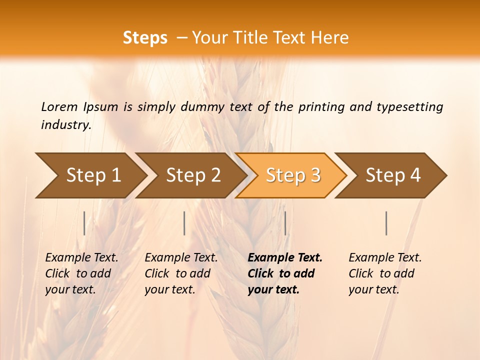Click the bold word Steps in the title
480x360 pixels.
[145, 38]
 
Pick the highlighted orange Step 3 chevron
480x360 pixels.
[293, 175]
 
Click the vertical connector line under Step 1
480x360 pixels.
[84, 223]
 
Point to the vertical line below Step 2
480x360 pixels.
[184, 223]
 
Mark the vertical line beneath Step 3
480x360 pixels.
[285, 223]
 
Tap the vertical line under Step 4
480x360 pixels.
[386, 223]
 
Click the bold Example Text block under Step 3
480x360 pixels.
[285, 273]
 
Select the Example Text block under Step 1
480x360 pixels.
[81, 273]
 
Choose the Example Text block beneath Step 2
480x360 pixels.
[181, 273]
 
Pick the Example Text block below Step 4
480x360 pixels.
[385, 273]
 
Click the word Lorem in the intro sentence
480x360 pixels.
[59, 106]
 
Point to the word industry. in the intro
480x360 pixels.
[66, 125]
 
